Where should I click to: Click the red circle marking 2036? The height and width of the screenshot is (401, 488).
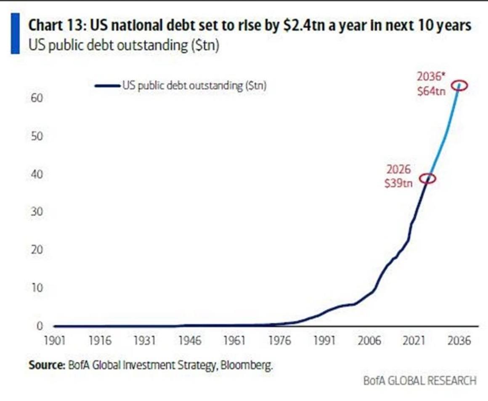tap(459, 85)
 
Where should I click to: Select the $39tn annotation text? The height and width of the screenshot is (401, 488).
tap(398, 184)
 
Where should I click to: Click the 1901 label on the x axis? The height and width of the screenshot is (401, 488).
tap(55, 341)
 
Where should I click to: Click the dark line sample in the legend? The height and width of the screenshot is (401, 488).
tap(108, 86)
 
